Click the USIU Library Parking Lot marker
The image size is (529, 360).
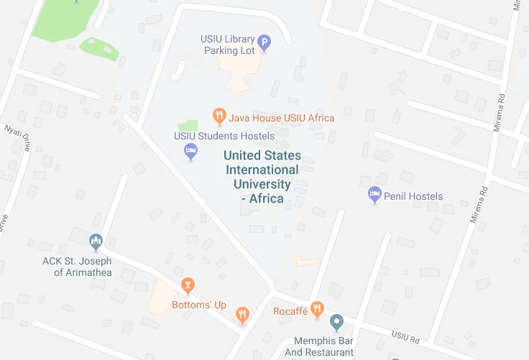pyautogui.click(x=264, y=43)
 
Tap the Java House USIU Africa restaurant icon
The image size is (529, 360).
pyautogui.click(x=219, y=116)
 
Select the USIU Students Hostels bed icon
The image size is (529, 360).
pyautogui.click(x=190, y=151)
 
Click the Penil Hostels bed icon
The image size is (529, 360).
pyautogui.click(x=374, y=195)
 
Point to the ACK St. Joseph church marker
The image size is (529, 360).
pyautogui.click(x=96, y=241)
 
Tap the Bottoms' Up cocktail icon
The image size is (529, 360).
pyautogui.click(x=188, y=286)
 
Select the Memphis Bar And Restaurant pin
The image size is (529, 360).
pyautogui.click(x=336, y=323)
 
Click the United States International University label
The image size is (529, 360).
pyautogui.click(x=262, y=177)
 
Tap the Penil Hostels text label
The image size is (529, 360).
pyautogui.click(x=413, y=196)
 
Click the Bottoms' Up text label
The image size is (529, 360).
pyautogui.click(x=199, y=305)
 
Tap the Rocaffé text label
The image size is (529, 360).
pyautogui.click(x=290, y=311)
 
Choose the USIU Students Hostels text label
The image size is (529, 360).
pyautogui.click(x=224, y=136)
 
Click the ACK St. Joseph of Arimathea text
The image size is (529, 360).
pyautogui.click(x=83, y=267)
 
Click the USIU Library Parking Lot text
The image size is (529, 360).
pyautogui.click(x=230, y=45)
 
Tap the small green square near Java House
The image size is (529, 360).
pyautogui.click(x=188, y=125)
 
